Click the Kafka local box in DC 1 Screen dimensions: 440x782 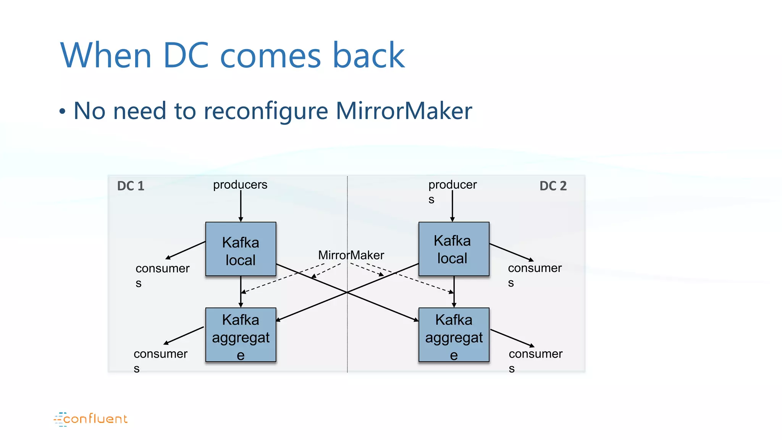point(241,249)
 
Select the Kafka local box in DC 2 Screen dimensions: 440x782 point(454,249)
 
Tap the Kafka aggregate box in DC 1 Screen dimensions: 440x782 point(241,335)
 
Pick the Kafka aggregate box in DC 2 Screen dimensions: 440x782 point(454,335)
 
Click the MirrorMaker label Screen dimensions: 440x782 point(351,255)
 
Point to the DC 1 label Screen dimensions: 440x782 point(131,186)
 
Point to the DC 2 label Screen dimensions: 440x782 point(553,186)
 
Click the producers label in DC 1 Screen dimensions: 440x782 point(240,185)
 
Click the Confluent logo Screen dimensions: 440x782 point(91,419)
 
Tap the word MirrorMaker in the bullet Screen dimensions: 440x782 point(404,111)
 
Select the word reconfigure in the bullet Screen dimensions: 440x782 point(266,111)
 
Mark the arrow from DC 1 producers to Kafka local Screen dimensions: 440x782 point(241,206)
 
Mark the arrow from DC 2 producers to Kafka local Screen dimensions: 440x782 point(452,206)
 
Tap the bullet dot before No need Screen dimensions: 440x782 point(62,112)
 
